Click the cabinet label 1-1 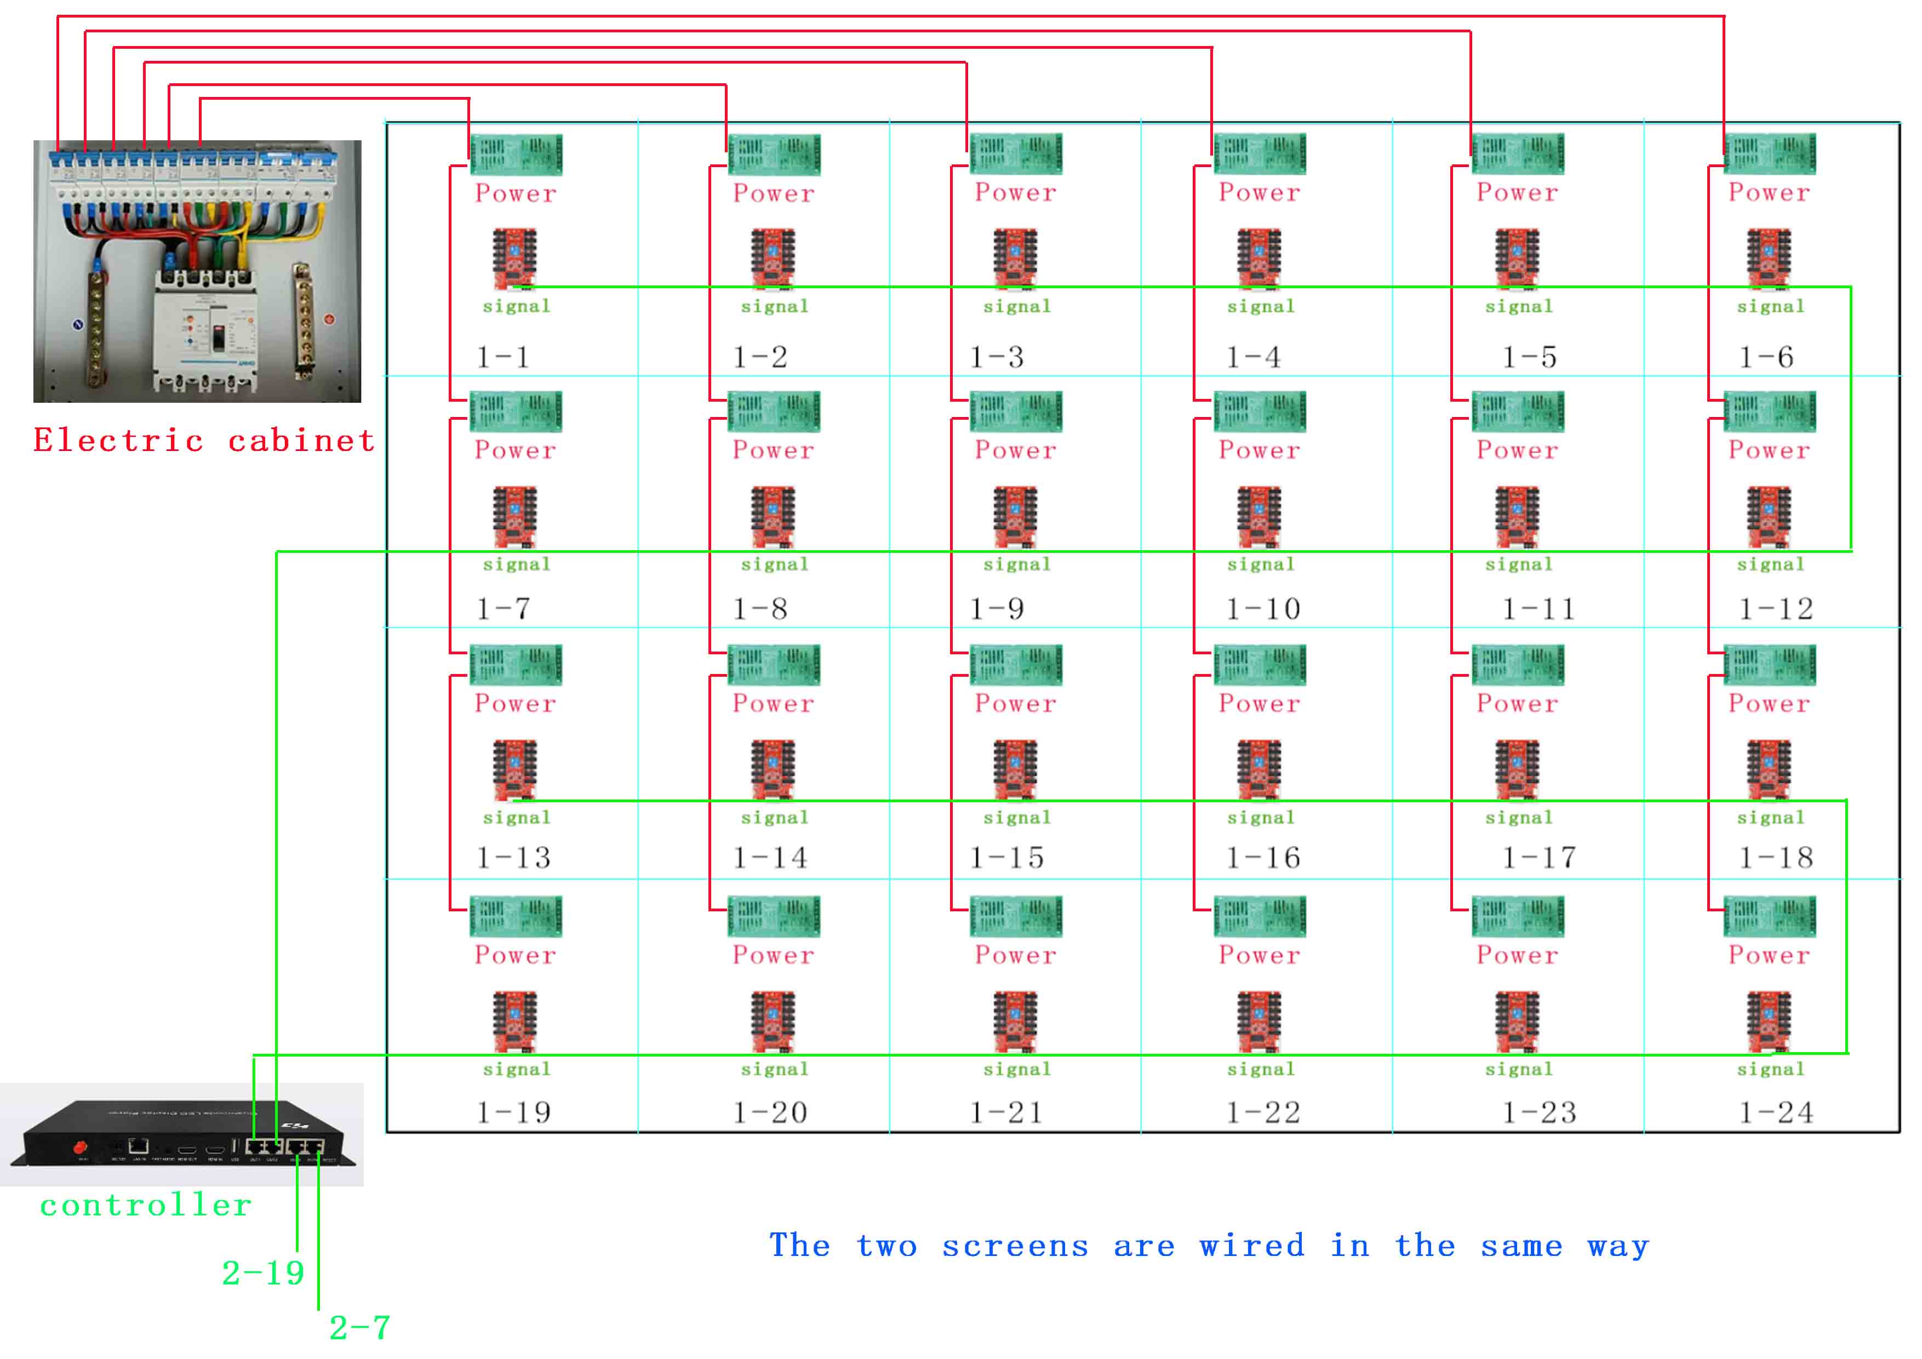[502, 357]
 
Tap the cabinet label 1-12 [1776, 609]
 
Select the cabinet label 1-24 [1776, 1113]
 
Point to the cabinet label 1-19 [513, 1113]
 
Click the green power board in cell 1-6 [1770, 154]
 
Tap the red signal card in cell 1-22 [1259, 1021]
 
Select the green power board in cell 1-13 [516, 665]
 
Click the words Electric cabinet [204, 441]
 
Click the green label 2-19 [263, 1273]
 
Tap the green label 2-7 [359, 1327]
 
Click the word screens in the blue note [1015, 1246]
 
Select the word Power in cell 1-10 [1259, 450]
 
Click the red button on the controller [81, 1146]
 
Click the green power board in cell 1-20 [774, 917]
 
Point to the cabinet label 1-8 [759, 609]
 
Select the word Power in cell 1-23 [1517, 955]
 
